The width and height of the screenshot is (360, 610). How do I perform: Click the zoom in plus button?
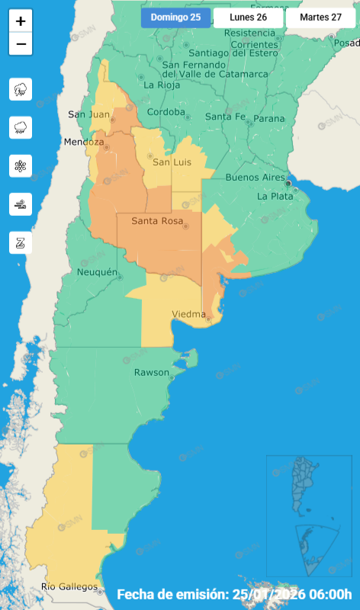[21, 21]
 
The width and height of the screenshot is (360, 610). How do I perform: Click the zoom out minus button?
[21, 44]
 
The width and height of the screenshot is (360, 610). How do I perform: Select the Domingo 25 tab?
[175, 18]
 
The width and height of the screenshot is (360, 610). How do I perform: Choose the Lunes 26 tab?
[248, 18]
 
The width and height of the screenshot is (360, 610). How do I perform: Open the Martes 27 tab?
[320, 18]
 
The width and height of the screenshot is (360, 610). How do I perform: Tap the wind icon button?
[21, 204]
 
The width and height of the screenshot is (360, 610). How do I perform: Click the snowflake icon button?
[21, 165]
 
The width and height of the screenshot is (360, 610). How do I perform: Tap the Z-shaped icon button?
[21, 242]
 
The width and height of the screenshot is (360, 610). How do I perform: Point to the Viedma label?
[188, 314]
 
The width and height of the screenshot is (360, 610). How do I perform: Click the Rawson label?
[151, 372]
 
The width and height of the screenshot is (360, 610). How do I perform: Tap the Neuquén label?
[98, 272]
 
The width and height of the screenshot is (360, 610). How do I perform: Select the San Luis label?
[172, 162]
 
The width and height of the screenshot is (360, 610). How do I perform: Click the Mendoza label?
[84, 143]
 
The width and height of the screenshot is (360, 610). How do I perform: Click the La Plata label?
[275, 196]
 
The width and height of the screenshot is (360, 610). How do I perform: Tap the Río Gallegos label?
[70, 586]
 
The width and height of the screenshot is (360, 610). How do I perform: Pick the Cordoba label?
[166, 112]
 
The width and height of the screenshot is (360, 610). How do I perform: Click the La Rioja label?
[161, 85]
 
